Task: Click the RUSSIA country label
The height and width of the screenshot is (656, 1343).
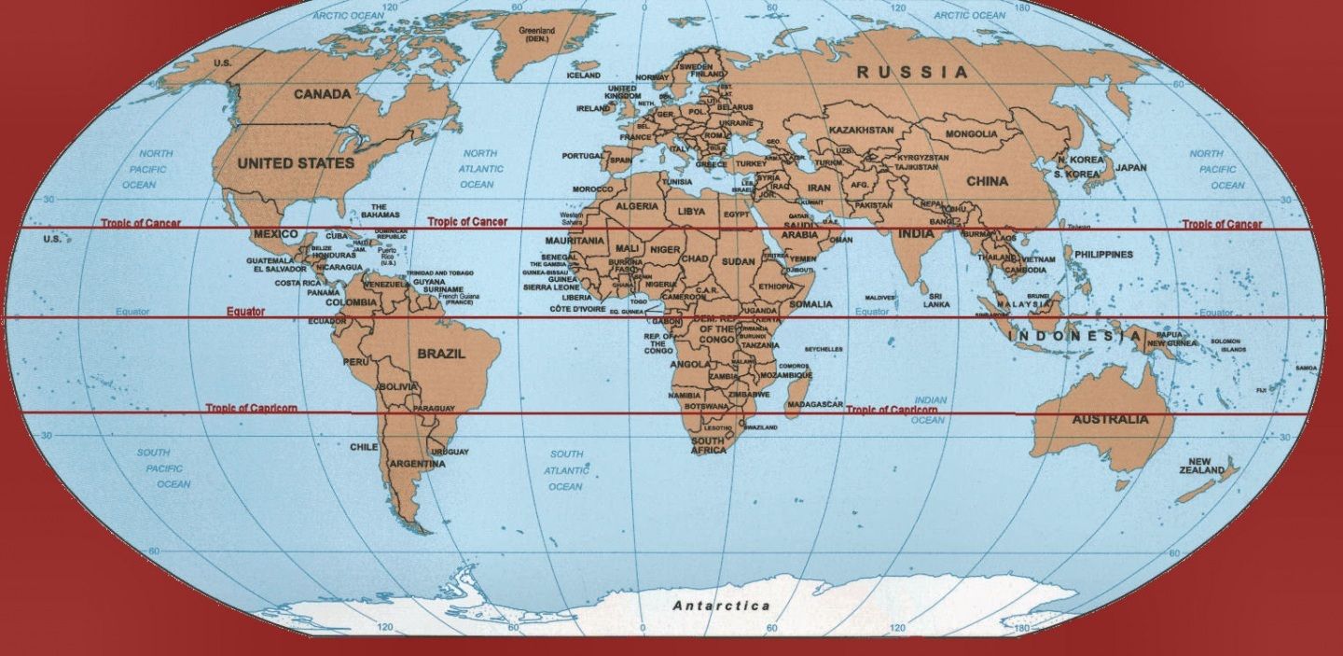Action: tap(912, 72)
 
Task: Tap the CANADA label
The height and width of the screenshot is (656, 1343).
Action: tap(323, 94)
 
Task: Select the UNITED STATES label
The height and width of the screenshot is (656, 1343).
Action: tap(296, 163)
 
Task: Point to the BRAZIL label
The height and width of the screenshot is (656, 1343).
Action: tap(441, 355)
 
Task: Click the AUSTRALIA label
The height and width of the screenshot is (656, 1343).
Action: tap(1110, 420)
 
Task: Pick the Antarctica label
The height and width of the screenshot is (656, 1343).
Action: tap(722, 606)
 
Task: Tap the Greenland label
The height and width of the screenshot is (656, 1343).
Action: tap(536, 35)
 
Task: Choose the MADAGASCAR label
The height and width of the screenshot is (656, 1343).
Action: tap(815, 405)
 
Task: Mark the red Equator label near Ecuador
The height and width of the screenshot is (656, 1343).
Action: tap(245, 312)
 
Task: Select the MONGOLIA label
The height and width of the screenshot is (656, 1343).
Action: tap(971, 134)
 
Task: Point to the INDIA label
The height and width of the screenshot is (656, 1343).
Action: tap(916, 233)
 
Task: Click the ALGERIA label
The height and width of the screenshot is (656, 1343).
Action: tap(637, 206)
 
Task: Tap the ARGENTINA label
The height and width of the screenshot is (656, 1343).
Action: tap(417, 464)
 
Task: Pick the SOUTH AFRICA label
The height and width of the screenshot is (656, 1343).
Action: tap(708, 445)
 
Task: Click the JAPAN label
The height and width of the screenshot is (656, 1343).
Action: tap(1130, 169)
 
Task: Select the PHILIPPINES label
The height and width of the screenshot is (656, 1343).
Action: tap(1103, 254)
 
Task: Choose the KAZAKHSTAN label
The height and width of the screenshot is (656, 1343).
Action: tap(861, 130)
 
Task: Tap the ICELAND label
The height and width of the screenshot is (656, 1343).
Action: tap(584, 76)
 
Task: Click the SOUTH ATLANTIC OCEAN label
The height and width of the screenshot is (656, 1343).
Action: tap(565, 470)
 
